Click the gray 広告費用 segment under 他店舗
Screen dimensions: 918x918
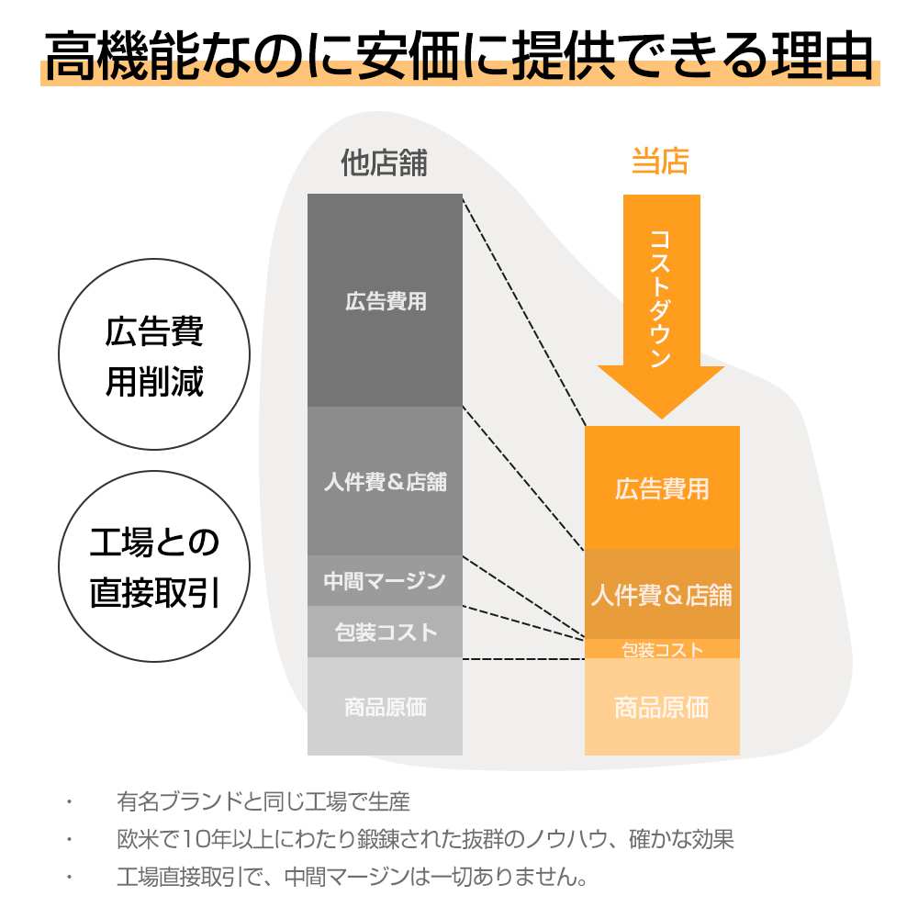pyautogui.click(x=385, y=300)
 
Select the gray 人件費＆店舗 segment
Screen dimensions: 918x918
pyautogui.click(x=385, y=481)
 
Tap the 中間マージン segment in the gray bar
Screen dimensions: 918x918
pyautogui.click(x=385, y=580)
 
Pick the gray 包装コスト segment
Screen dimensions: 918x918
pyautogui.click(x=385, y=632)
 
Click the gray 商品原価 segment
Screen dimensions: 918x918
pyautogui.click(x=385, y=706)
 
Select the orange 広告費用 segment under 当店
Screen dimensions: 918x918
pyautogui.click(x=662, y=487)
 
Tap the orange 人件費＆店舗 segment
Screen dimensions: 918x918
pyautogui.click(x=662, y=594)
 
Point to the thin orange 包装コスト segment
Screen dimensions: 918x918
pyautogui.click(x=662, y=649)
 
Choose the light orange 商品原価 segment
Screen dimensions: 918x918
pyautogui.click(x=662, y=707)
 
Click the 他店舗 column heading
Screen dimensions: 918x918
pyautogui.click(x=384, y=162)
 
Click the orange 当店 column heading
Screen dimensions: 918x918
pyautogui.click(x=660, y=161)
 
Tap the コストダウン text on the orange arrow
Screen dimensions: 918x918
pyautogui.click(x=660, y=298)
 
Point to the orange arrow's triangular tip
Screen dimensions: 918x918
pyautogui.click(x=662, y=418)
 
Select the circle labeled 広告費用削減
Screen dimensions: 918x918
pyautogui.click(x=154, y=354)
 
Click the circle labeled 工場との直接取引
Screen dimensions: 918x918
pyautogui.click(x=154, y=566)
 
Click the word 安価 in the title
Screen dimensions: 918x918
pyautogui.click(x=409, y=56)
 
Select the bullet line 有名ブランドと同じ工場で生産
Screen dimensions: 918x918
pyautogui.click(x=263, y=801)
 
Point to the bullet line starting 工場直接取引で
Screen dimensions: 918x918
pyautogui.click(x=353, y=877)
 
